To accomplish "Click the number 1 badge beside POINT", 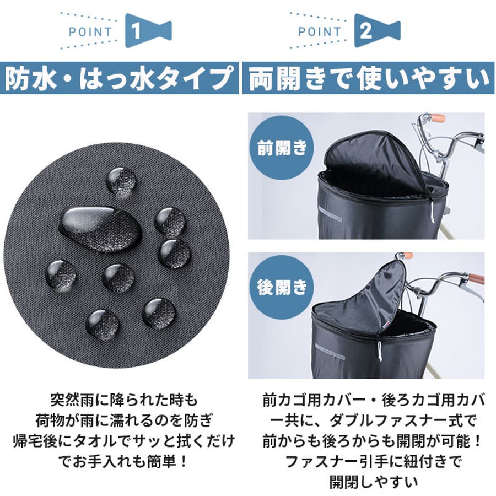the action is (x=148, y=31).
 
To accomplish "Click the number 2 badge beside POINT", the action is (x=377, y=31).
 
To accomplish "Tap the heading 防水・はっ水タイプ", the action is (x=119, y=78).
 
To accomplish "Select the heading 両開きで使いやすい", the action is (x=368, y=78).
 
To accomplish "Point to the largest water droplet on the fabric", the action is (x=101, y=229).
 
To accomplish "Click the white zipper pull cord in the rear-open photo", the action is (x=379, y=351).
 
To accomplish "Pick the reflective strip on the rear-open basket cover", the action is (x=330, y=352).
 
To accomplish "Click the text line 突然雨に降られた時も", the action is (x=124, y=400).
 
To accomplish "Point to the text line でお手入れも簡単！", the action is (x=124, y=462).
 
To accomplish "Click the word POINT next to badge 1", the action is (x=90, y=31).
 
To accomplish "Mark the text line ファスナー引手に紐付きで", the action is (x=373, y=462).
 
